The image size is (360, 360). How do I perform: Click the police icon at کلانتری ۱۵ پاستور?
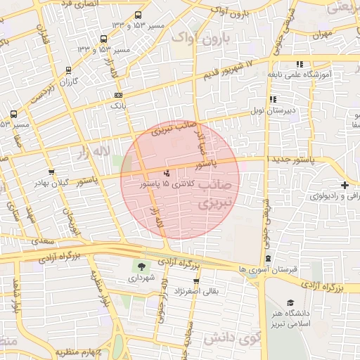tap(167, 172)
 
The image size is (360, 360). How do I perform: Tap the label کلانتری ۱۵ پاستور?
tap(166, 184)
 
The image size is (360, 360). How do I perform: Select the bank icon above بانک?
tap(117, 95)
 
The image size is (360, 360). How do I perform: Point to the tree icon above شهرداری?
tap(141, 266)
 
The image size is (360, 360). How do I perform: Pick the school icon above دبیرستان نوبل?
tap(272, 100)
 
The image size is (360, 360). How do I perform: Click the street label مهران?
tap(323, 34)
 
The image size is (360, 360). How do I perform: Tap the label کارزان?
tap(68, 82)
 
